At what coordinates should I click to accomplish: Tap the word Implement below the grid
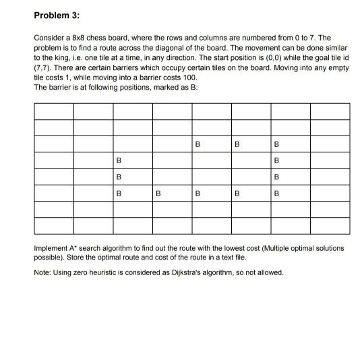53,249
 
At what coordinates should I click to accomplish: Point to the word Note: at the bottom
42,272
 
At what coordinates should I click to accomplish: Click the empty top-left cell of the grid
53,111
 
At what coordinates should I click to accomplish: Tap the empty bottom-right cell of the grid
330,226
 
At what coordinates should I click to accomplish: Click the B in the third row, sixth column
237,144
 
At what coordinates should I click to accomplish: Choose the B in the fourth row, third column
119,160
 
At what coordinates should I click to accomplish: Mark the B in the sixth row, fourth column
158,193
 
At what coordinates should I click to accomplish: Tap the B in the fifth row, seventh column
276,177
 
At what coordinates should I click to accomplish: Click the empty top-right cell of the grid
330,111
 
